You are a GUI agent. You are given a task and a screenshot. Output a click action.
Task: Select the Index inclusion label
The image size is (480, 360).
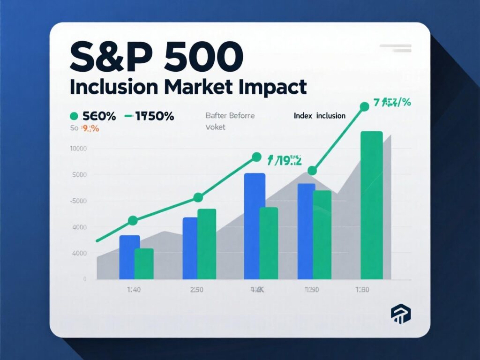point(320,115)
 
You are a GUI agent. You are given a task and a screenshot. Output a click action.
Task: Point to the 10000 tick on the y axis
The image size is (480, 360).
point(78,149)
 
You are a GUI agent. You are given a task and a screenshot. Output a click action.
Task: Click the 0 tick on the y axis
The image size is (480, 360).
point(85,279)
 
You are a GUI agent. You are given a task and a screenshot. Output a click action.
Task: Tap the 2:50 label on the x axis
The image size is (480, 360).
point(196,290)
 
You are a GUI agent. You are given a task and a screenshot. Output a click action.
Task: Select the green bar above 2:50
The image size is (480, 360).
point(207,244)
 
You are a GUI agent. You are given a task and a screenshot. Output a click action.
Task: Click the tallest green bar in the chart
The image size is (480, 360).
point(371,205)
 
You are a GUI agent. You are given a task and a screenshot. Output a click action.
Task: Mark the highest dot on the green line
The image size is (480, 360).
point(364,106)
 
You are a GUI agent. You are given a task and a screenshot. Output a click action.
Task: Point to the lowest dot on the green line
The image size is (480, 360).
point(133,220)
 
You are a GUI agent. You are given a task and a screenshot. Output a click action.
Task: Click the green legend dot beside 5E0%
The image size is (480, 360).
point(73,116)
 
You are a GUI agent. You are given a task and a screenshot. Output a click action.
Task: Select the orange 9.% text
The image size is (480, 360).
point(89,128)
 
